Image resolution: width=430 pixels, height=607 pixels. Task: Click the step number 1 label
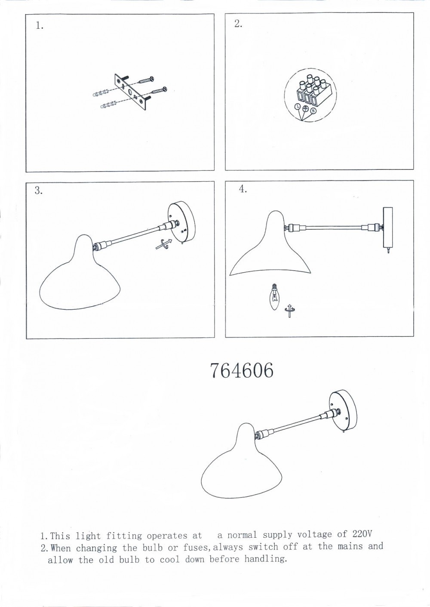pyautogui.click(x=39, y=26)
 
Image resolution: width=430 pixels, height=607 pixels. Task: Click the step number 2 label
pyautogui.click(x=238, y=24)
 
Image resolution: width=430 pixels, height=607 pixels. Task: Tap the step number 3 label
pyautogui.click(x=39, y=191)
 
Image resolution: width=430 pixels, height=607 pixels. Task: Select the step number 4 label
pyautogui.click(x=243, y=189)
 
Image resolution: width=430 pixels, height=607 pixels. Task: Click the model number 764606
pyautogui.click(x=242, y=371)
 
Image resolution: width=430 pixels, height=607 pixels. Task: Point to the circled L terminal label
pyautogui.click(x=298, y=107)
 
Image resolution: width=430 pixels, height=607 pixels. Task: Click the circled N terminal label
pyautogui.click(x=313, y=111)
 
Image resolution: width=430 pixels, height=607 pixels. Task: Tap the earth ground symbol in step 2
pyautogui.click(x=305, y=108)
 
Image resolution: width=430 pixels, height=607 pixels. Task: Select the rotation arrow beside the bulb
pyautogui.click(x=290, y=311)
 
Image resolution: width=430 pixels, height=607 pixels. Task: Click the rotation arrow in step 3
pyautogui.click(x=164, y=243)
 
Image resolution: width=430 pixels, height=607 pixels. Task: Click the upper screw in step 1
pyautogui.click(x=146, y=80)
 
